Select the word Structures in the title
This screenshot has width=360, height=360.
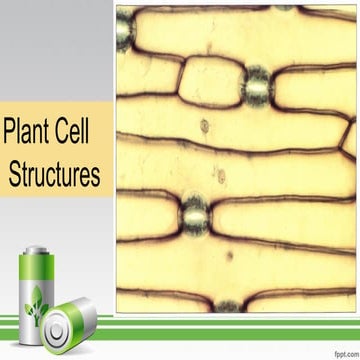pos(54,175)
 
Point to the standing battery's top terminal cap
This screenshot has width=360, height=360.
pos(35,250)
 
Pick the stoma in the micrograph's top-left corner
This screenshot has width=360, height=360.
pos(125,32)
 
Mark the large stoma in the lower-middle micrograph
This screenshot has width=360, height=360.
pos(194,212)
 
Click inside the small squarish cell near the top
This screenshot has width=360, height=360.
pos(210,82)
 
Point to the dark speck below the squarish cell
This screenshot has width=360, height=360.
pos(205,126)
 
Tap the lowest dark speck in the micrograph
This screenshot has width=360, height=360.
pos(229,255)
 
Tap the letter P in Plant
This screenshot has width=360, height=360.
pos(11,133)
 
